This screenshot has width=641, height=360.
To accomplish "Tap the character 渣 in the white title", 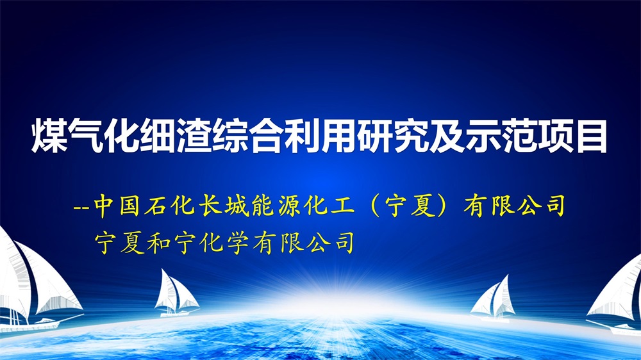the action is tap(194, 136).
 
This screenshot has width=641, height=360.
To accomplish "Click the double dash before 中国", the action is tap(82, 207).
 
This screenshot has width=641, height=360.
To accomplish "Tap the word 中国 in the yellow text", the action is tap(118, 205).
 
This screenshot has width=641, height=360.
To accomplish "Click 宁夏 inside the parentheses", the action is tap(409, 205).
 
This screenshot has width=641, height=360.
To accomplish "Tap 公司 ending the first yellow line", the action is tap(541, 205).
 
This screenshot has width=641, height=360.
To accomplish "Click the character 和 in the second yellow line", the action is tap(158, 243).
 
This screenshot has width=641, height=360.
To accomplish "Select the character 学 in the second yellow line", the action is tap(237, 243).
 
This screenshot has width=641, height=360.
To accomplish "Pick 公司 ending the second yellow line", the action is tap(330, 243).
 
